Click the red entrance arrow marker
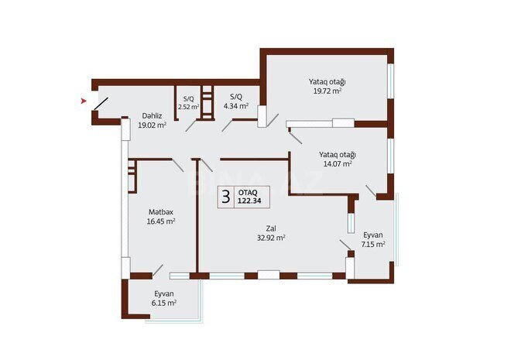point(84,101)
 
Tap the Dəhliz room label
point(152,115)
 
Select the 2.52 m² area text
point(189,107)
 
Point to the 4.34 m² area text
point(236,106)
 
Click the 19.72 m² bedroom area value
point(328,91)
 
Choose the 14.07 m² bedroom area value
point(338,163)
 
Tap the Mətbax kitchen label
point(161,212)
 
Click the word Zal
point(271,228)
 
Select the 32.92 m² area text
point(271,238)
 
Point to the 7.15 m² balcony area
point(373,245)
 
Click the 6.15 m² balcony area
point(164,303)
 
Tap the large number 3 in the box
point(225,197)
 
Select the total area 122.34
point(249,201)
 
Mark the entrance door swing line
point(101,104)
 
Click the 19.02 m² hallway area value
point(153,125)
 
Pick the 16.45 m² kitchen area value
point(161,221)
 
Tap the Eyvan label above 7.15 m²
point(373,235)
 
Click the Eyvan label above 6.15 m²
point(164,293)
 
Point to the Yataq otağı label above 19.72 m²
point(328,81)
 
